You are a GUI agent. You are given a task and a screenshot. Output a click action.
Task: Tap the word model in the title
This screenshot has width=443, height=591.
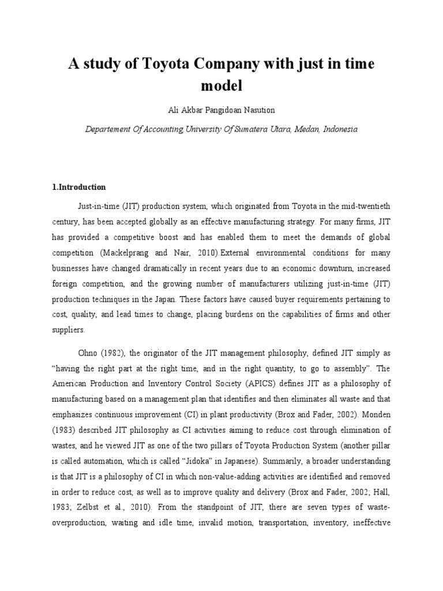221,86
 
